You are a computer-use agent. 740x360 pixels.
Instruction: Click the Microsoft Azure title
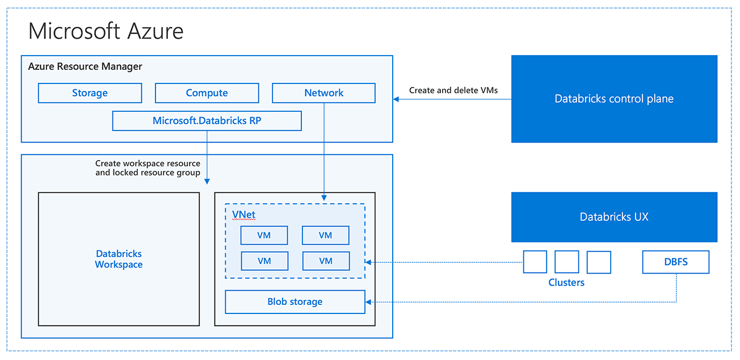tap(106, 31)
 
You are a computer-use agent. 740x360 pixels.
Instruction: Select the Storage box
tap(90, 93)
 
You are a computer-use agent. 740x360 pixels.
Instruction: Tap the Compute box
tap(207, 93)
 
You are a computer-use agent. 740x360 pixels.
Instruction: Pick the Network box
tap(323, 93)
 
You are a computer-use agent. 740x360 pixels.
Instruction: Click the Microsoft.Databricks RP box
tap(207, 121)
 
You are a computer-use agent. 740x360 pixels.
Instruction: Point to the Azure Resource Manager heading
tap(85, 66)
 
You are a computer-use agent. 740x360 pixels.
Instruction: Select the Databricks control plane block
tap(614, 99)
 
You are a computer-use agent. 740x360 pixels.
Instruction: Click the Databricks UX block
tap(614, 217)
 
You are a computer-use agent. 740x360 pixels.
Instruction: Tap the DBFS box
tap(675, 262)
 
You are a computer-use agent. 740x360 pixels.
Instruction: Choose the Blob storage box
tap(295, 302)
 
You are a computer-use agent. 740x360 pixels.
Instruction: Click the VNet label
tap(243, 214)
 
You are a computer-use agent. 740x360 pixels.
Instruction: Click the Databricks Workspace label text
tap(119, 259)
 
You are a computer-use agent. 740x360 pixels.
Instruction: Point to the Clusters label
tap(566, 282)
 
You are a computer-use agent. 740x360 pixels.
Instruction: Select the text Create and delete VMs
tap(453, 90)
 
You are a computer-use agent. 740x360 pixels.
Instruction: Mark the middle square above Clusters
tap(566, 262)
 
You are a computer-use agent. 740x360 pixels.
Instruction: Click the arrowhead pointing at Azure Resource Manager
tap(396, 99)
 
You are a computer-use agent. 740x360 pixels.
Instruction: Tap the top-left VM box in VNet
tap(264, 235)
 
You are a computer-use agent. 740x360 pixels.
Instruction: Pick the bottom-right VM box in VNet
tap(325, 261)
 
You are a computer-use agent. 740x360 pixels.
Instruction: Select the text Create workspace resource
tap(148, 164)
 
